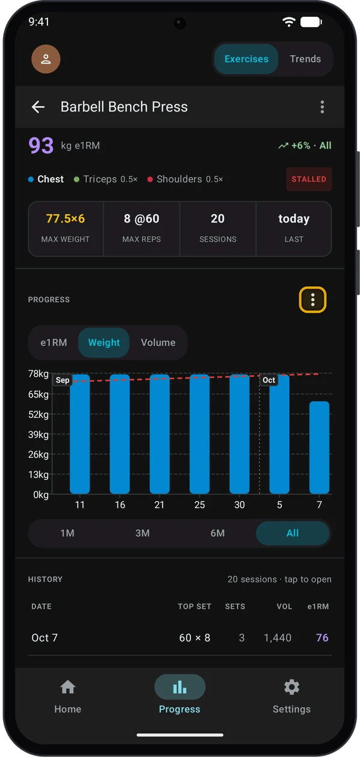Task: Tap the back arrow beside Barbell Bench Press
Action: [x=38, y=107]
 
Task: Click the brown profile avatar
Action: [x=46, y=59]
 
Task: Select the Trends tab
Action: [x=305, y=59]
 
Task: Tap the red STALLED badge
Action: [x=309, y=179]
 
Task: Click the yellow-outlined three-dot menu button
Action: [x=313, y=300]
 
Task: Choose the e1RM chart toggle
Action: [x=54, y=343]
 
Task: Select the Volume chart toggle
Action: [x=158, y=343]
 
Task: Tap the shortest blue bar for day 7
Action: [x=319, y=447]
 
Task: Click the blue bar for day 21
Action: [x=160, y=434]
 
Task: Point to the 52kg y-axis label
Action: [x=38, y=414]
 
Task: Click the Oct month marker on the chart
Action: [x=269, y=380]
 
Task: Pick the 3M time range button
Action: [x=142, y=533]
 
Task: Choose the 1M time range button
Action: [x=67, y=533]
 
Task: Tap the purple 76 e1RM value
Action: [x=322, y=638]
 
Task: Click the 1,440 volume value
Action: [x=278, y=638]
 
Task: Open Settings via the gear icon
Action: [x=292, y=687]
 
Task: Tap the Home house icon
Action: [x=68, y=687]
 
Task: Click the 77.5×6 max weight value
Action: [x=65, y=219]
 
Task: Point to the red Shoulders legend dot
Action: [x=150, y=179]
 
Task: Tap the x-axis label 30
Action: [x=239, y=504]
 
